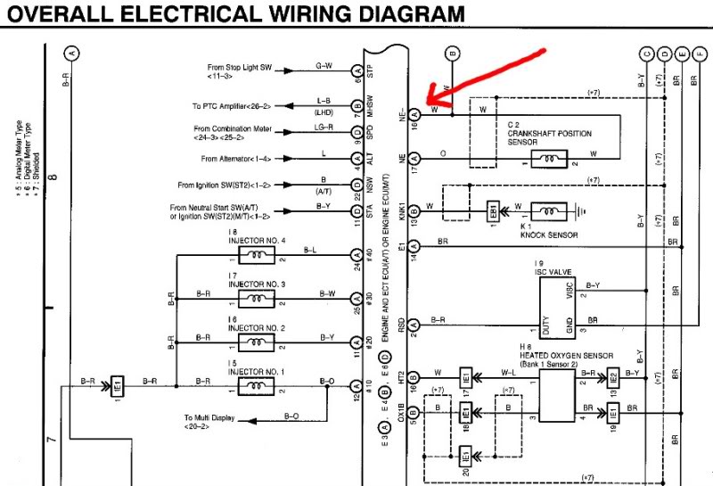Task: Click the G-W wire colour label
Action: click(x=324, y=65)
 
